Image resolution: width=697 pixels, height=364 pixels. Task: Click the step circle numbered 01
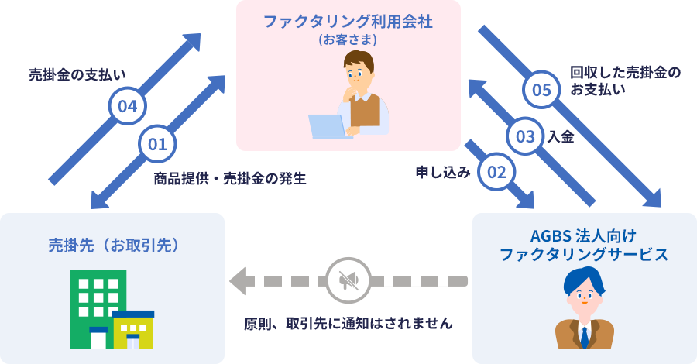click(157, 144)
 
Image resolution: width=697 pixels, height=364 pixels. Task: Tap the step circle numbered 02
click(497, 171)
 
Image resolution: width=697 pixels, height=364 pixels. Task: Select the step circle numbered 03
click(525, 137)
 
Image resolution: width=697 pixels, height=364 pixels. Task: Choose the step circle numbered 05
click(542, 90)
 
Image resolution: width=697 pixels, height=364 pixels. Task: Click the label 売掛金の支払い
click(77, 75)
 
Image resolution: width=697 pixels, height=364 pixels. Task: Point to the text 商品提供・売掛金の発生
click(230, 179)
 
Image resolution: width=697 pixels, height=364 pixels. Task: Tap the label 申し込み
click(443, 173)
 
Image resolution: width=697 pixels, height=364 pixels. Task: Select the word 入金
click(561, 137)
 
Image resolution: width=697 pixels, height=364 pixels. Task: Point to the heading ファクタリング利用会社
click(348, 21)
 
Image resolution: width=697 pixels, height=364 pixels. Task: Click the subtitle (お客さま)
click(348, 39)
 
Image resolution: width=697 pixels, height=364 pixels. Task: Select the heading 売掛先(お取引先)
click(113, 246)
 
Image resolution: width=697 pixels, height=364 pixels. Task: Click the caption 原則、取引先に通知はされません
click(348, 322)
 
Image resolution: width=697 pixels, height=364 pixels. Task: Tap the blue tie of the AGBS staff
click(585, 336)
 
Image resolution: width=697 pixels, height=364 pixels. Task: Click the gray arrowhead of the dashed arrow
click(239, 280)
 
